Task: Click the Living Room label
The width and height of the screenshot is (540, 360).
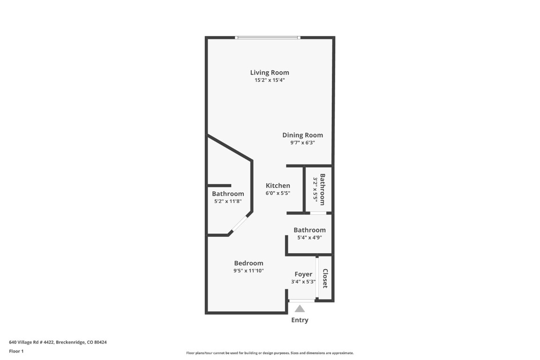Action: click(x=270, y=72)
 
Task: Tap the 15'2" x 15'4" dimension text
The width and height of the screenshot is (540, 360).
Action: click(x=270, y=80)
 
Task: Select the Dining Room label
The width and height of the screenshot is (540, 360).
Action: click(x=302, y=135)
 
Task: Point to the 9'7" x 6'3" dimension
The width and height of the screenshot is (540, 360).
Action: click(x=302, y=143)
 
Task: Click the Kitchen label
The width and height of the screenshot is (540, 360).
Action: click(x=278, y=186)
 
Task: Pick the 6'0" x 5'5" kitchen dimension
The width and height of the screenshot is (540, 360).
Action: click(x=278, y=193)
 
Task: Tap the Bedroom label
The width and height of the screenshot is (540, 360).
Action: click(x=248, y=263)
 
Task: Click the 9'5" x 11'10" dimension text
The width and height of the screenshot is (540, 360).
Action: click(x=248, y=271)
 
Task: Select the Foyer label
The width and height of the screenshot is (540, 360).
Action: click(x=303, y=274)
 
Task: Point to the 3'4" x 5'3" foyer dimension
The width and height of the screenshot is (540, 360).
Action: click(x=303, y=282)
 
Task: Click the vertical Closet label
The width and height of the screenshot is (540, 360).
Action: click(x=325, y=278)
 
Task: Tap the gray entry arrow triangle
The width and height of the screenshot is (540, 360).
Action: click(x=300, y=308)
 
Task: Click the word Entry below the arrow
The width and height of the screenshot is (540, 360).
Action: click(x=300, y=320)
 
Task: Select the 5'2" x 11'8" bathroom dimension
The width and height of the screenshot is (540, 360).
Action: click(x=228, y=202)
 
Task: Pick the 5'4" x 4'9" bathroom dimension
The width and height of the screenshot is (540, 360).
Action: click(x=309, y=238)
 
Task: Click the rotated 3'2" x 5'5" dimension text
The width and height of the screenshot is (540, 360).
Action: click(x=315, y=190)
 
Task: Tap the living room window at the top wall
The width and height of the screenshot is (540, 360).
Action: click(x=267, y=37)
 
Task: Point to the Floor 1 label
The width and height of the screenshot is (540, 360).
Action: click(x=16, y=351)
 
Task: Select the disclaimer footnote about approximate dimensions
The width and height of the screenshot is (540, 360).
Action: click(x=270, y=353)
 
